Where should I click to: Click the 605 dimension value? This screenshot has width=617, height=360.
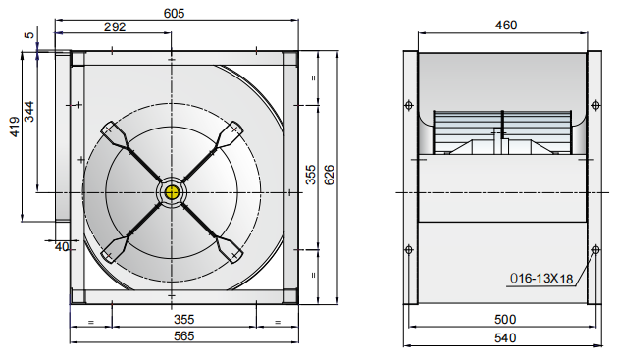point(174,14)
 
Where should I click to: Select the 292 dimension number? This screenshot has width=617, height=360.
point(115,26)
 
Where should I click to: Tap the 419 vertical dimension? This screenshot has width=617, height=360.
point(15,127)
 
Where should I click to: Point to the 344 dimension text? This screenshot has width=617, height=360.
point(29,112)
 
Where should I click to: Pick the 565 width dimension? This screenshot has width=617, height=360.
point(184,335)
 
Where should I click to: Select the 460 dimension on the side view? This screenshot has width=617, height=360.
point(505,26)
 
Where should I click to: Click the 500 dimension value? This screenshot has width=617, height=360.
point(505,319)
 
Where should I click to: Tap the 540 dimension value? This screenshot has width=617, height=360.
point(505,337)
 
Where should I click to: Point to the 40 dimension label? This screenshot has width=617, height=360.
point(62,246)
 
